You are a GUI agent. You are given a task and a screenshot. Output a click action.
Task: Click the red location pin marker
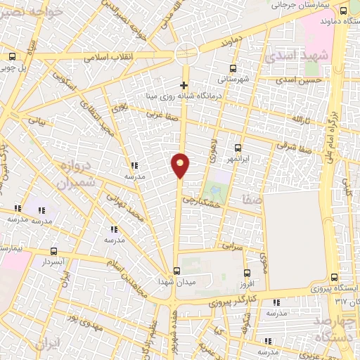click(181, 165)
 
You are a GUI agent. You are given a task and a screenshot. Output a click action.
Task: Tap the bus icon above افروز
click(247, 274)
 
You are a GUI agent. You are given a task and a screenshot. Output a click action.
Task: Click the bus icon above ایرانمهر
click(237, 148)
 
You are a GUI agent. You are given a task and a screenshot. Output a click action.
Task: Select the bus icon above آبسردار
click(54, 251)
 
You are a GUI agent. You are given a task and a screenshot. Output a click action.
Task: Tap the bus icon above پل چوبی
click(12, 57)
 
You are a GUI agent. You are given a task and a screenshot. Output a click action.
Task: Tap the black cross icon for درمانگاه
click(184, 85)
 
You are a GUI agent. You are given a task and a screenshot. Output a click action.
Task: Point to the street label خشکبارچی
click(202, 200)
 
